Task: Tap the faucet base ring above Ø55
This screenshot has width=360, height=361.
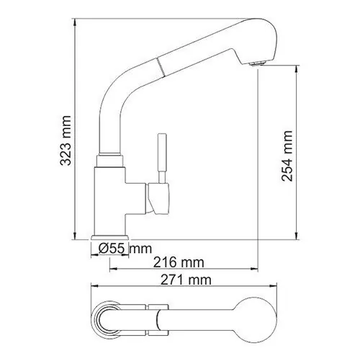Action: (111, 237)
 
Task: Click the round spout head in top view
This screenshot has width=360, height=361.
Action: (249, 315)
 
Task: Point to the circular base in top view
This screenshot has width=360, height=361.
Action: (112, 316)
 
